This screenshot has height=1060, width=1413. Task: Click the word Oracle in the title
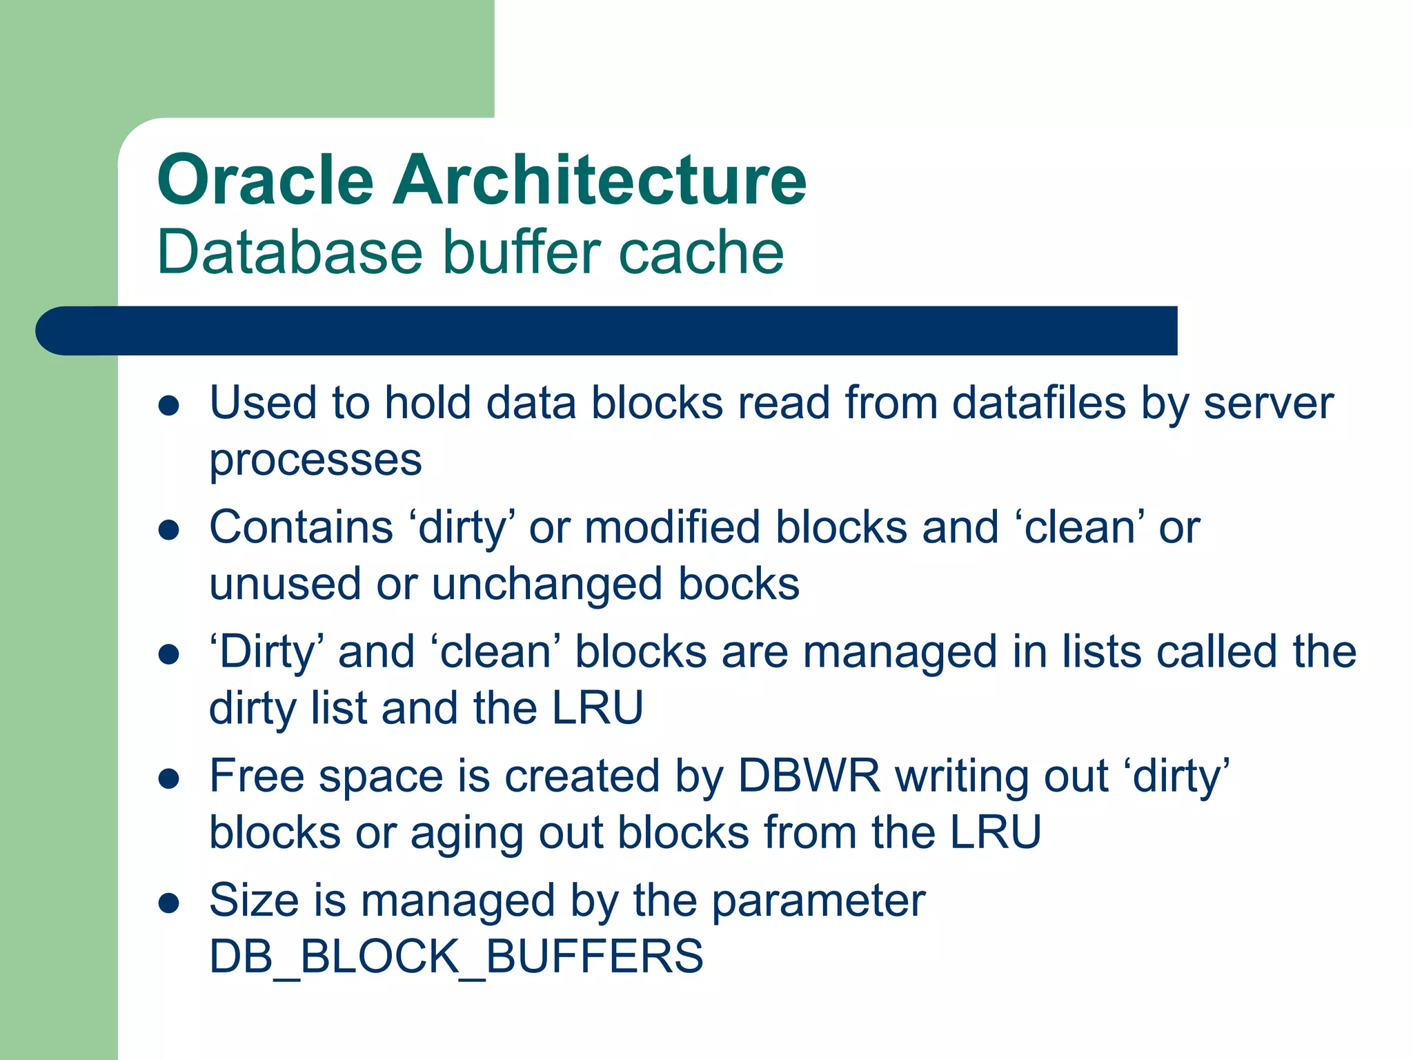coord(266,180)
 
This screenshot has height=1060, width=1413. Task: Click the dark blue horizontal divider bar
coord(607,331)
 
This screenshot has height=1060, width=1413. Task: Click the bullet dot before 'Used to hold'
coord(169,405)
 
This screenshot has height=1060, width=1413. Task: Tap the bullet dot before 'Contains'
coord(169,530)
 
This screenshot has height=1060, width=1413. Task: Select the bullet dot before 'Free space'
coord(169,779)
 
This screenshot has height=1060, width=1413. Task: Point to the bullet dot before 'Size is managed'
coord(169,903)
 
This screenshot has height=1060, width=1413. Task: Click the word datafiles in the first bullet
coord(1039,403)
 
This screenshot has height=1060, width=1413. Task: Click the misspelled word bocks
coord(739,584)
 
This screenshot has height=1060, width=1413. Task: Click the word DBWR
coord(809,776)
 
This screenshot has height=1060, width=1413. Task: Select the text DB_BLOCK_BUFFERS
coord(456,957)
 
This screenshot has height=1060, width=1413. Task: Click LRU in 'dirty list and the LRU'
coord(597,708)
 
